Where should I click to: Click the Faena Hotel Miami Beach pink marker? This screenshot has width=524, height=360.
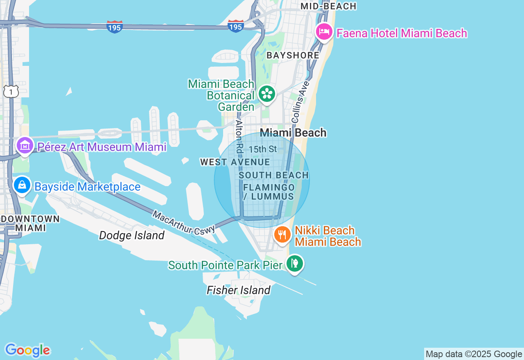click(324, 32)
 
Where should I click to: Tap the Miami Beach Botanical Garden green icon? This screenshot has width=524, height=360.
click(267, 94)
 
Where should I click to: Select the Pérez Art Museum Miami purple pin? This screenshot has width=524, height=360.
click(25, 145)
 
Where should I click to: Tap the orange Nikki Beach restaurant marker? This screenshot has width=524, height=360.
click(282, 234)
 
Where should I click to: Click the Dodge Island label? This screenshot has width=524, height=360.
click(132, 235)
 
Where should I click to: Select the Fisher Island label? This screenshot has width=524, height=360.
click(238, 290)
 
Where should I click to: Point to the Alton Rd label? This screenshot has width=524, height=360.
click(239, 137)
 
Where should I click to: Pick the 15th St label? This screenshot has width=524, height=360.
click(263, 149)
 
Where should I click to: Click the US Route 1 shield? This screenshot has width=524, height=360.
click(11, 92)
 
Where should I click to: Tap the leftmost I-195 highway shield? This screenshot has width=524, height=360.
click(114, 27)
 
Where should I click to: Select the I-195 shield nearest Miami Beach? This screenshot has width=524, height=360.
click(236, 26)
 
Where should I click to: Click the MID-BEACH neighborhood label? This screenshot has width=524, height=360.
click(328, 6)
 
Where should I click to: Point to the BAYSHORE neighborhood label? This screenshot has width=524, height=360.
click(292, 55)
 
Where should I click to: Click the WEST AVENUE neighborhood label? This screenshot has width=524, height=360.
click(235, 162)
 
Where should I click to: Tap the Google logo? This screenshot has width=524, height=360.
click(27, 350)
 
